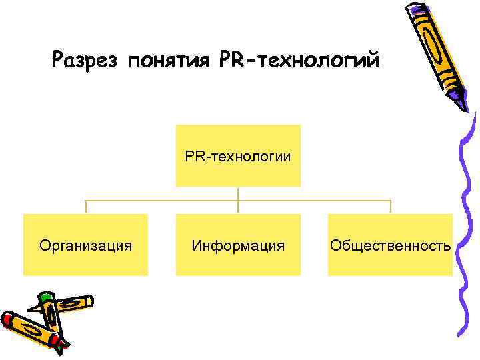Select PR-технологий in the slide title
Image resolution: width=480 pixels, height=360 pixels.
(x=299, y=61)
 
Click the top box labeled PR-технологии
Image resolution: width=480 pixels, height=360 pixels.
(x=238, y=155)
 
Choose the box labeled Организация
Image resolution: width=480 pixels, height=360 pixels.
(x=85, y=245)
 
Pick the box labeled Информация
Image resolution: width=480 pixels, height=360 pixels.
(x=238, y=245)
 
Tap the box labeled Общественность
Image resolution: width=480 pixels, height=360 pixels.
(x=390, y=245)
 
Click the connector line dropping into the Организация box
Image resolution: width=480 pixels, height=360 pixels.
(x=85, y=207)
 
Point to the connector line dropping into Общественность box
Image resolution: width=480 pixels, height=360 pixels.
(x=391, y=207)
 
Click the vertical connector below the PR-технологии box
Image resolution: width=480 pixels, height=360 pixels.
(x=238, y=193)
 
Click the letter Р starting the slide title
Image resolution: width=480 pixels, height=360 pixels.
(x=59, y=61)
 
